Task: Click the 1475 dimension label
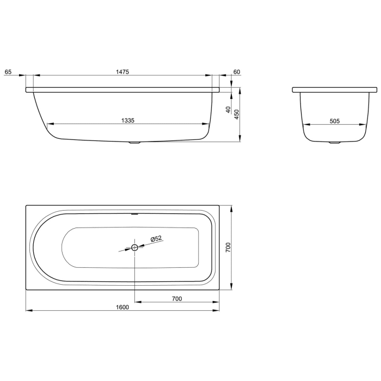[122, 72]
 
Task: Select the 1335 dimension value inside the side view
[128, 120]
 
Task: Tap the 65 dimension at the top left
[8, 72]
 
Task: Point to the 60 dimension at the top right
[236, 72]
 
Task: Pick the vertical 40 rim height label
[228, 109]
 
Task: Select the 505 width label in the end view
[334, 121]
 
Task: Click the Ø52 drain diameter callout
[156, 239]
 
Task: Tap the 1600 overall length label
[122, 307]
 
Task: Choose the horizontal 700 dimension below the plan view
[176, 298]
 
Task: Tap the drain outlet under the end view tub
[334, 144]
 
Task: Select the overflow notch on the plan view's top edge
[134, 213]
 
